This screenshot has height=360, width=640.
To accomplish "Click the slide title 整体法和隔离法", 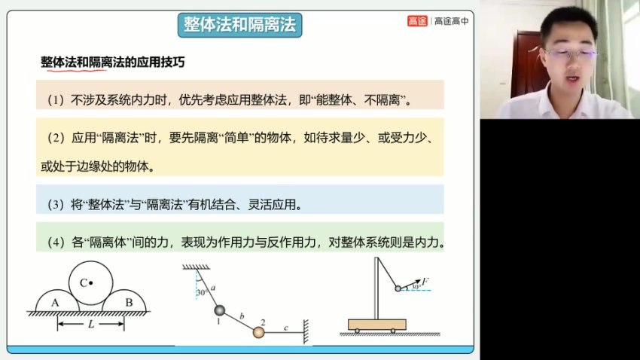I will click(239, 25).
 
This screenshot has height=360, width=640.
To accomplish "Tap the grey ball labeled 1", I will click(220, 311).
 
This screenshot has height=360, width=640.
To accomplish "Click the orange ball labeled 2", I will click(258, 332).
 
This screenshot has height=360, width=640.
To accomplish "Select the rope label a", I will click(215, 288).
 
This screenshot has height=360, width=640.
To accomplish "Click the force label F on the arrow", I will click(425, 281).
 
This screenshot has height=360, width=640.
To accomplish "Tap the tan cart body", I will click(376, 324).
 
